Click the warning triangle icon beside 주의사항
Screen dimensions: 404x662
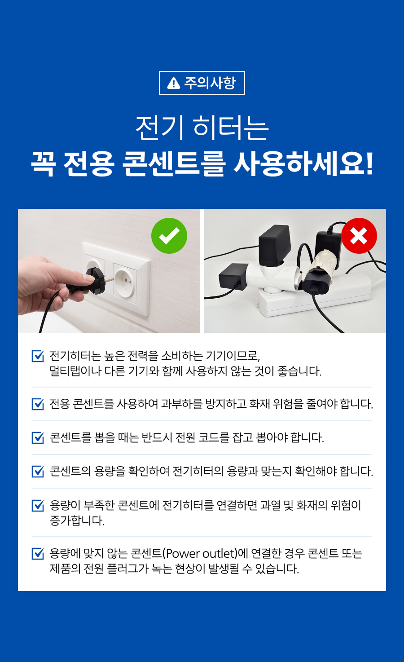173,83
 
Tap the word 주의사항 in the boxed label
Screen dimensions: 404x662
210,83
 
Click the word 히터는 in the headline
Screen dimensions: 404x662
231,128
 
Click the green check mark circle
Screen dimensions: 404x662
169,235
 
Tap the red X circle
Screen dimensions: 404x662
359,235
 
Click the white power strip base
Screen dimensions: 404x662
316,296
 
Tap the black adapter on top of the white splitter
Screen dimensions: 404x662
274,245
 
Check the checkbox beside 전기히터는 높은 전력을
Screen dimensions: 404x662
38,356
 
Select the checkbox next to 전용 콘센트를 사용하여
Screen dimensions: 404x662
38,404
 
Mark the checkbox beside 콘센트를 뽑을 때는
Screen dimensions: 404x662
38,438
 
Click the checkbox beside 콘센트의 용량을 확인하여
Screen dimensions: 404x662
38,472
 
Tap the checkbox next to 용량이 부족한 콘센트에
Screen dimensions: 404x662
38,505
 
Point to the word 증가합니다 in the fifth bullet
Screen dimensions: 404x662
77,521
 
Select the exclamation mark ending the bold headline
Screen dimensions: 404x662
369,163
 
